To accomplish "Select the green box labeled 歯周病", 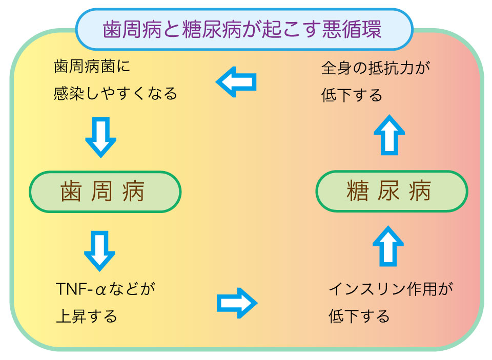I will (105, 192).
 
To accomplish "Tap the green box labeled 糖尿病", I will (391, 192).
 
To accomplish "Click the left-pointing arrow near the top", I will (236, 81).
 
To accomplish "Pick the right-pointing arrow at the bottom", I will (236, 303).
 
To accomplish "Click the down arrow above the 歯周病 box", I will (100, 136).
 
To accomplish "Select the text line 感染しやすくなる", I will (115, 94).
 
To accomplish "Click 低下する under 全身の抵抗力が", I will (352, 95).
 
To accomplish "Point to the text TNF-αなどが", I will (105, 289).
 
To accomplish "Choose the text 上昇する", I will (86, 316).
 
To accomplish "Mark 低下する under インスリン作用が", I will (359, 316).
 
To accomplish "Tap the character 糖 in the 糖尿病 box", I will (358, 192).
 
